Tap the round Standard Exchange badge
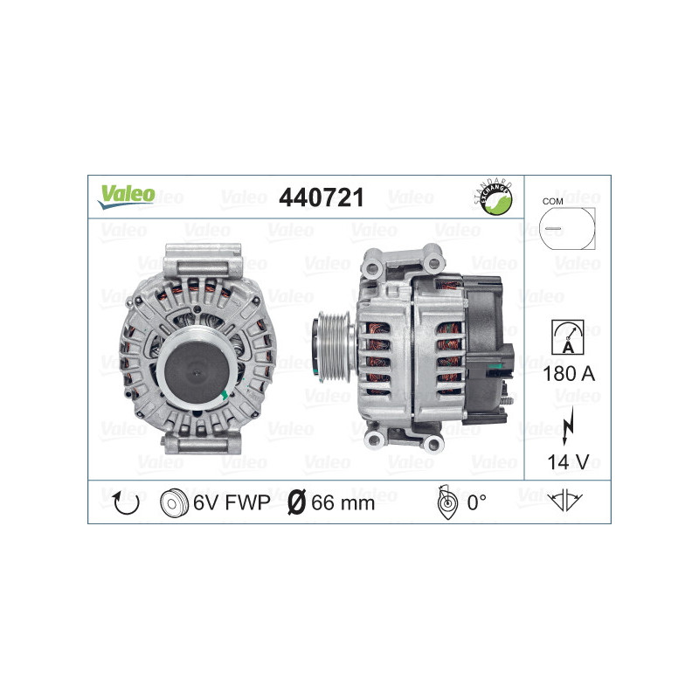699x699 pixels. coord(493,197)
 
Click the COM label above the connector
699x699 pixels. coord(552,201)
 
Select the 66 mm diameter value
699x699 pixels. coord(343,502)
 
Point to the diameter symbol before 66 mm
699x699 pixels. coord(296,502)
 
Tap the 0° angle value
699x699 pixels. coord(477,502)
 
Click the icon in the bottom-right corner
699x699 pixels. coord(566,502)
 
